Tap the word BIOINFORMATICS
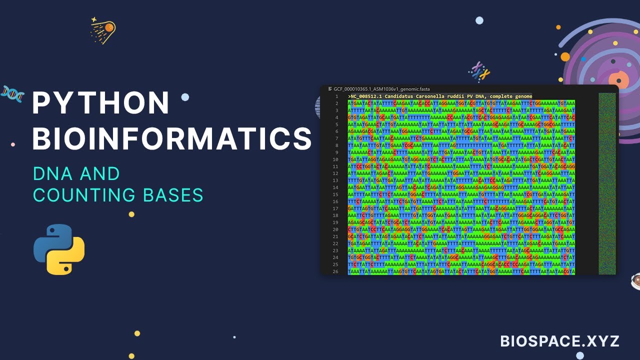[172, 138]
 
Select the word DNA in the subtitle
[50, 174]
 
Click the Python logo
[59, 249]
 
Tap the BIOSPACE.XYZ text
[560, 341]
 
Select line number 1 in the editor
[337, 96]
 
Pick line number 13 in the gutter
[336, 180]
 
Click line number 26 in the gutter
[336, 271]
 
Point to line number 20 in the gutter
[336, 229]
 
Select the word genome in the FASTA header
[522, 96]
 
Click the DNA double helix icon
[12, 93]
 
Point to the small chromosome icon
[479, 71]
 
